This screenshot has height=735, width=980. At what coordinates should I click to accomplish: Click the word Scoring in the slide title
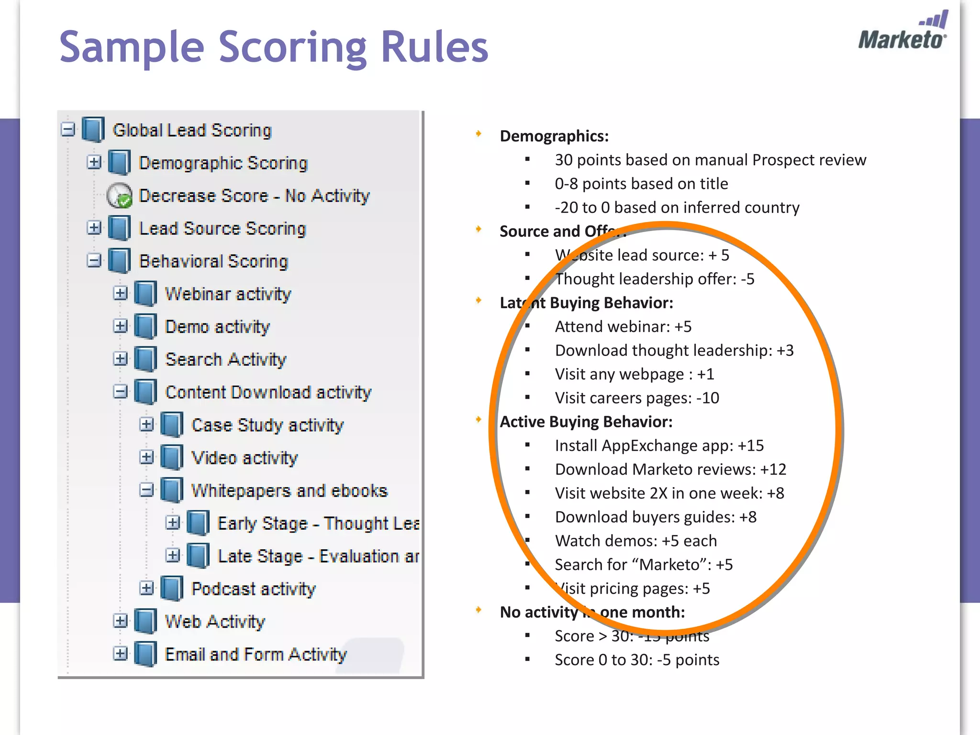point(294,48)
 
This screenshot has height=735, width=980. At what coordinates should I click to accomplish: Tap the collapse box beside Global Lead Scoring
point(68,130)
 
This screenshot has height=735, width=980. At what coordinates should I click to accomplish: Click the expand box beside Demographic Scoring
point(94,162)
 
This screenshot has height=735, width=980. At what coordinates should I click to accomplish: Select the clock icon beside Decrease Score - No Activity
point(119,196)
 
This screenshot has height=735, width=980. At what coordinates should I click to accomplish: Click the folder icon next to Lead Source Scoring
point(119,228)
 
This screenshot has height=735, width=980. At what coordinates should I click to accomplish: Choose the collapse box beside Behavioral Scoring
point(94,261)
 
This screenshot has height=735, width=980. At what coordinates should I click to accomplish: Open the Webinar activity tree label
point(228,294)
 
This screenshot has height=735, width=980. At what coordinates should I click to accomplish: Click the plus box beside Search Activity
point(121,359)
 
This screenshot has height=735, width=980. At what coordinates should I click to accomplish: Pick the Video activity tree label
point(245,458)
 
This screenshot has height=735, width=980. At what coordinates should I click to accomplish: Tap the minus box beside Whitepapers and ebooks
point(146,490)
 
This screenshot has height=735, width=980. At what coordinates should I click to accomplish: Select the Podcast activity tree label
point(254,589)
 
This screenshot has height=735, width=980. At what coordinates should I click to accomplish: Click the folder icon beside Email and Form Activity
point(145,654)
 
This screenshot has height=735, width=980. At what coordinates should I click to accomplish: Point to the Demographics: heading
point(554,136)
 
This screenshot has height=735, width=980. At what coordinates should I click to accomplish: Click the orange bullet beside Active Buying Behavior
point(479,420)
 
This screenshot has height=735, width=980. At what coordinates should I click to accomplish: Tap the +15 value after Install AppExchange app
point(750,445)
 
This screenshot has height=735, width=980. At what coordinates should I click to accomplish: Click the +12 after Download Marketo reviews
point(773,469)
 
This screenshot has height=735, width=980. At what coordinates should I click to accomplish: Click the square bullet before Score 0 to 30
point(527,659)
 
